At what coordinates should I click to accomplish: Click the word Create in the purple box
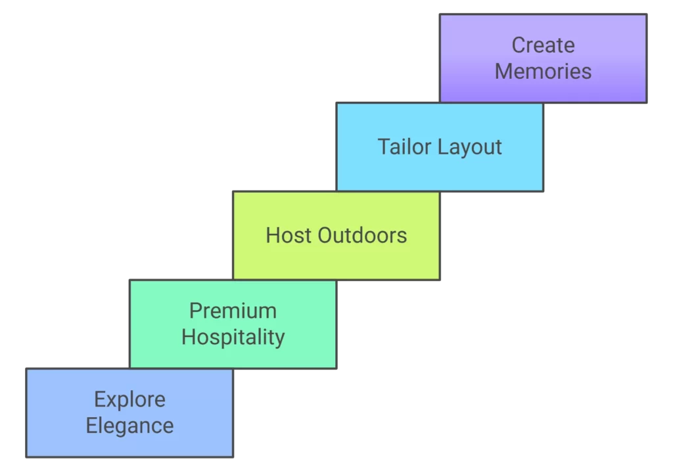point(543,45)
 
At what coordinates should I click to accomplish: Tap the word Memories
point(543,71)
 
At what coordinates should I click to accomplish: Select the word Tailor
point(404,147)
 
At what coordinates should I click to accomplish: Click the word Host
point(289,235)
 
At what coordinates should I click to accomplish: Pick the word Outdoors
point(362,235)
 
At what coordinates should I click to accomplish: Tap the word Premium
point(233,311)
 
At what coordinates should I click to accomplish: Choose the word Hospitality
point(233,337)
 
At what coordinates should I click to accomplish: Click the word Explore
point(129,399)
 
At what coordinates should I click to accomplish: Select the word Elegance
point(129,426)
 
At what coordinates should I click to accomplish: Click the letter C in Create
point(518,45)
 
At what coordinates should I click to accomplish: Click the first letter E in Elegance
point(91,426)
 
